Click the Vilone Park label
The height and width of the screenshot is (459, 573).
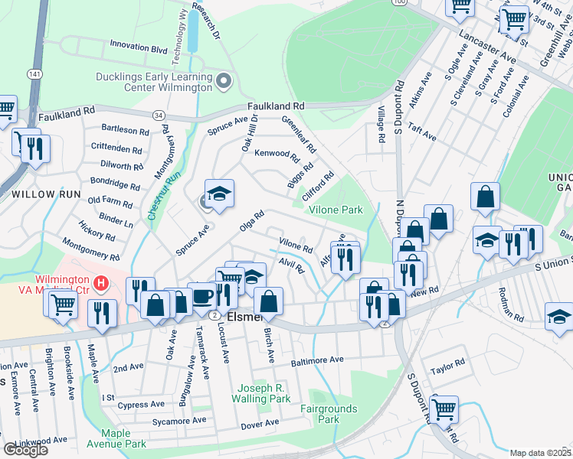pos(335,209)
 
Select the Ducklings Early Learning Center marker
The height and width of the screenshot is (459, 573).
pos(224,80)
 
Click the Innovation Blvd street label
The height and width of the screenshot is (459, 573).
pos(138,47)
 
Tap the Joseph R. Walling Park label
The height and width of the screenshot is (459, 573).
pos(263,393)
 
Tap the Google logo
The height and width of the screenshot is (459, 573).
pos(25,450)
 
